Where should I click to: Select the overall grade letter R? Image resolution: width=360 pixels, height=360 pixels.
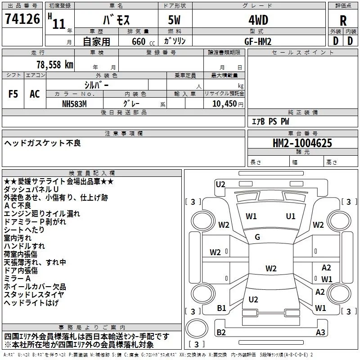(343, 20)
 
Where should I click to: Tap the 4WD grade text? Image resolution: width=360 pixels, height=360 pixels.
(258, 20)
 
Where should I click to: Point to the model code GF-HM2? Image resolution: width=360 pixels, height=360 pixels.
(258, 41)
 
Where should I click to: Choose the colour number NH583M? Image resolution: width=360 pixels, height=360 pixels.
(75, 103)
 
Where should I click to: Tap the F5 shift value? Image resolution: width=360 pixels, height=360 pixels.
(13, 94)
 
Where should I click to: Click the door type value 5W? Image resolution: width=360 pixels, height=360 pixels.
(175, 20)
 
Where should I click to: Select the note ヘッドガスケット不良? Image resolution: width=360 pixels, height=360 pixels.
(43, 143)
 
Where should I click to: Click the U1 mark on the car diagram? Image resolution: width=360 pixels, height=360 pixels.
(291, 216)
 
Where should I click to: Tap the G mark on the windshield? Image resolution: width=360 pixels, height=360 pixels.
(257, 237)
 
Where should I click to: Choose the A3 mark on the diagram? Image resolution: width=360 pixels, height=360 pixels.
(320, 333)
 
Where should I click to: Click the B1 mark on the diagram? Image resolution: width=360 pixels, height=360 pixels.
(221, 308)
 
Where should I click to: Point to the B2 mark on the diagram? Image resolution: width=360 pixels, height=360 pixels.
(221, 332)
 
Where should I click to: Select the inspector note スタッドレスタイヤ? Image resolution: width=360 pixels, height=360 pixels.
(34, 295)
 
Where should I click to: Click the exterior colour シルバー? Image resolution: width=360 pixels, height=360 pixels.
(97, 85)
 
